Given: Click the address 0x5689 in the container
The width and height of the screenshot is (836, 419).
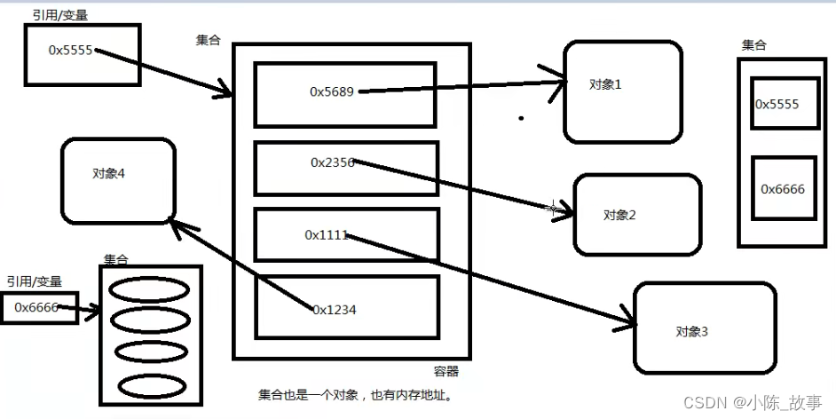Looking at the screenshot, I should pyautogui.click(x=332, y=91).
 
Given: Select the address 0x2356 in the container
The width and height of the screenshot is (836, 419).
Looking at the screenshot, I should pyautogui.click(x=333, y=162).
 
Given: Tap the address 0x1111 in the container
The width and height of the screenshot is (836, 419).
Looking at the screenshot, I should pyautogui.click(x=326, y=235).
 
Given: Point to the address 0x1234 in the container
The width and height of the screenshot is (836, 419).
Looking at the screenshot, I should pyautogui.click(x=334, y=309).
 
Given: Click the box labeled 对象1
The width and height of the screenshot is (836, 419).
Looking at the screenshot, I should pyautogui.click(x=623, y=91).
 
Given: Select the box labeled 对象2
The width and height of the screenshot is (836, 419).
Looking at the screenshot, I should pyautogui.click(x=636, y=214).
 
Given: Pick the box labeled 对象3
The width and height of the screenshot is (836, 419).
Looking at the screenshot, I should pyautogui.click(x=704, y=328).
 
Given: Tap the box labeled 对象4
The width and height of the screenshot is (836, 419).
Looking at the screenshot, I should pyautogui.click(x=117, y=180).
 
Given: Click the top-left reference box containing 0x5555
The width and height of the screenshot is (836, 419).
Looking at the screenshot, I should pyautogui.click(x=82, y=55).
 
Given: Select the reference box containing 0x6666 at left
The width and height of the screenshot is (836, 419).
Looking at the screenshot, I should pyautogui.click(x=38, y=306).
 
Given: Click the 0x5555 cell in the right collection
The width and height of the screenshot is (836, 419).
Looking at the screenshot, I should pyautogui.click(x=777, y=105).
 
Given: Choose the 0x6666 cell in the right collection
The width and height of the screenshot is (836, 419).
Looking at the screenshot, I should pyautogui.click(x=782, y=188).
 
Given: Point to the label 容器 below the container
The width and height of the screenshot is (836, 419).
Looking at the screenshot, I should pyautogui.click(x=446, y=372).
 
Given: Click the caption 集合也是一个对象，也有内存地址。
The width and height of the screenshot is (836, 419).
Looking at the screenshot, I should pyautogui.click(x=356, y=395).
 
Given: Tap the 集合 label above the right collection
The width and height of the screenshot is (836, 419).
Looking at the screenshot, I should pyautogui.click(x=753, y=45).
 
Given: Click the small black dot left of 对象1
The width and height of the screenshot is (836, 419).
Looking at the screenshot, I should pyautogui.click(x=521, y=117).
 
